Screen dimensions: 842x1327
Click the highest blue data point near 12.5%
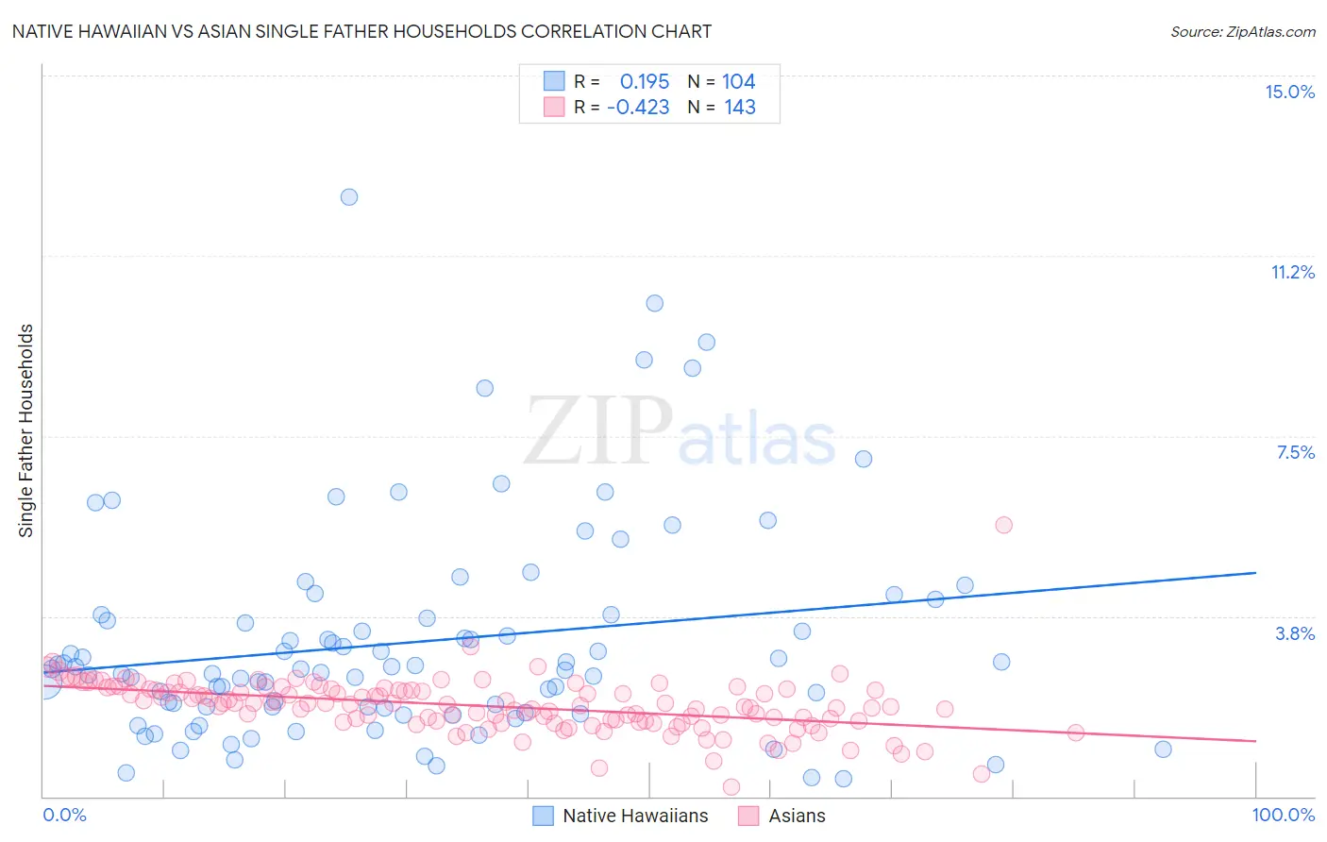(x=348, y=197)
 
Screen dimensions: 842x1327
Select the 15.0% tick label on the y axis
(x=1289, y=92)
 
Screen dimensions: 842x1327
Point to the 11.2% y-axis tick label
(x=1292, y=272)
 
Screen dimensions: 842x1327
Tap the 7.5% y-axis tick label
(x=1295, y=452)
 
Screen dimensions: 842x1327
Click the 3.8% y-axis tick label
(x=1295, y=633)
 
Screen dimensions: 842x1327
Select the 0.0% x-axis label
(x=64, y=815)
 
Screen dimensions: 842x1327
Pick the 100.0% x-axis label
(x=1283, y=815)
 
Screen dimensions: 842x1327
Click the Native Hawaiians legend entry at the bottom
(x=634, y=816)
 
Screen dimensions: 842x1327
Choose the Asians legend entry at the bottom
(x=796, y=816)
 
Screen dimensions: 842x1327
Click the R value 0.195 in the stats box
(x=645, y=81)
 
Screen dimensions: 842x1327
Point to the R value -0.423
(x=638, y=107)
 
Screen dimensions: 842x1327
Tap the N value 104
(x=739, y=81)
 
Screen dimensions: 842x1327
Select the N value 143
(x=740, y=107)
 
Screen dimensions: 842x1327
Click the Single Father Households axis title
(x=26, y=430)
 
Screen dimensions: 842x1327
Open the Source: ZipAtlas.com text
(x=1242, y=31)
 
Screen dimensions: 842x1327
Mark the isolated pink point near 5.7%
(x=1003, y=525)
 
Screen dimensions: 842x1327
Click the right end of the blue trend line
(x=1255, y=573)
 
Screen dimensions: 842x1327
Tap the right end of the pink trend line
(x=1255, y=741)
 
